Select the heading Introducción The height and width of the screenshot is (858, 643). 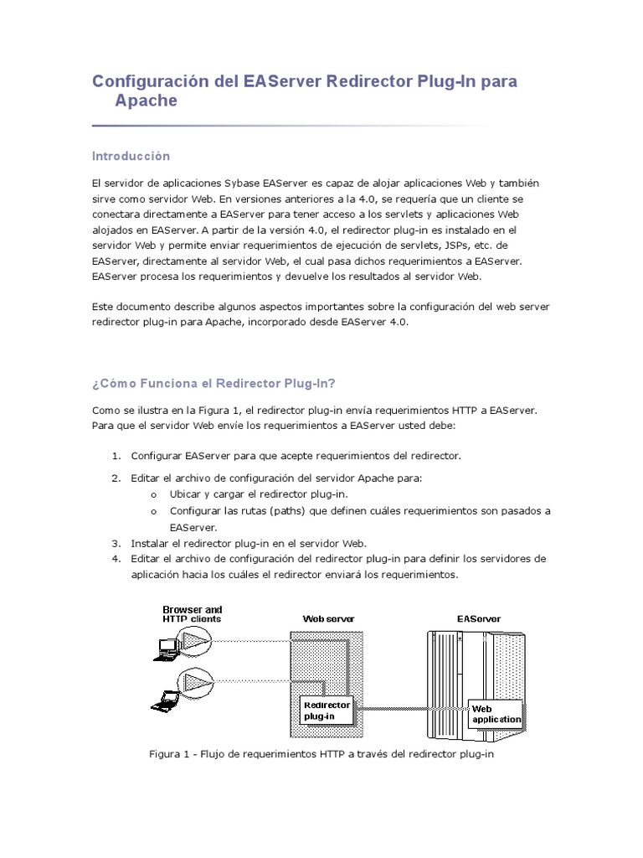(131, 156)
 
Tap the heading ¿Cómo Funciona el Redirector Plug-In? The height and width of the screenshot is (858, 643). (213, 383)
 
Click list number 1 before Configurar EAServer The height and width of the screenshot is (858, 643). (116, 456)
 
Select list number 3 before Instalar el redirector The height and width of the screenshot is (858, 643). (116, 543)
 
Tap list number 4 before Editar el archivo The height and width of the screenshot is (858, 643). (116, 559)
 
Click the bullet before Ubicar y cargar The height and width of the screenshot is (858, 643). (154, 494)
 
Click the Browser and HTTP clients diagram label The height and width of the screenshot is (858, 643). (192, 614)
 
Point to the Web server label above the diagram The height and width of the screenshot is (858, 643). (328, 619)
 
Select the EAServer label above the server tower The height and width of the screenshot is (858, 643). (479, 619)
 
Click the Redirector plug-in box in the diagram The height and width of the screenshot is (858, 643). (327, 711)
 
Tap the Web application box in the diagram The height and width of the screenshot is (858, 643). (496, 714)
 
